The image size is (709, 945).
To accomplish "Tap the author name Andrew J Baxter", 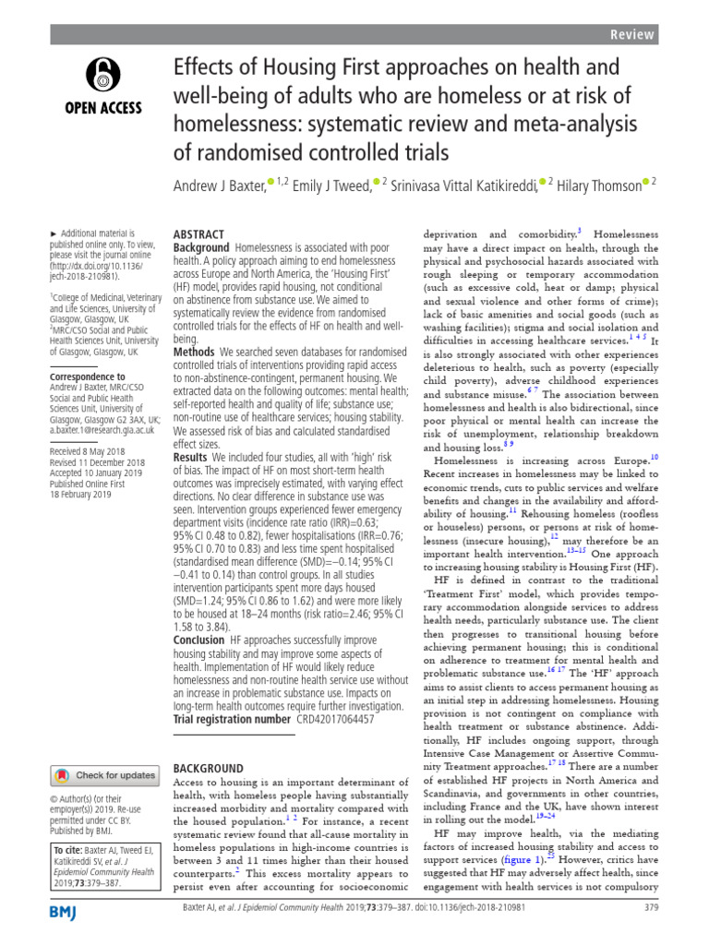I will click(x=219, y=186).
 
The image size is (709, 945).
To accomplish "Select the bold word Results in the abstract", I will click(x=191, y=457).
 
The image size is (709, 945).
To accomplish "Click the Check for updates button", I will click(x=104, y=775).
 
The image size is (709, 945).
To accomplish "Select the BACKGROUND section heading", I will click(x=209, y=768).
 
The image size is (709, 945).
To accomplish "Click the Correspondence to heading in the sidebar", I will click(x=87, y=377).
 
